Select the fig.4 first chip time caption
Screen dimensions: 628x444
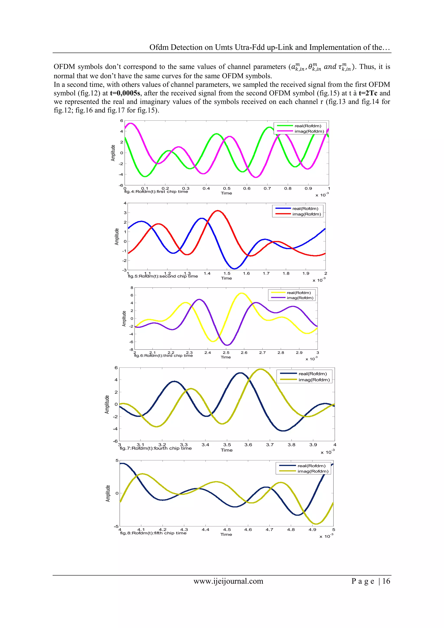pos(156,191)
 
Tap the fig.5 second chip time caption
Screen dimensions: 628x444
pos(163,276)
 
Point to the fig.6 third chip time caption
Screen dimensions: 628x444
pos(163,356)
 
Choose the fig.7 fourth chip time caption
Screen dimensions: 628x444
pos(156,448)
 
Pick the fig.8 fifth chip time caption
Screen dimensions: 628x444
pos(153,533)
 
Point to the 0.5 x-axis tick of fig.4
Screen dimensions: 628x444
pos(227,188)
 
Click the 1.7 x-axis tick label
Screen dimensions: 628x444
pos(266,273)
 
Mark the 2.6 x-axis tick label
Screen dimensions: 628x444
pos(244,353)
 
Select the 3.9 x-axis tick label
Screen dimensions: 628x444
pos(313,445)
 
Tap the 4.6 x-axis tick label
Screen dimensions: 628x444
pos(248,530)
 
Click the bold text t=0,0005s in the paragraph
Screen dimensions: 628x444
pos(125,93)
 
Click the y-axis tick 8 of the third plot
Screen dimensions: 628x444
pos(132,288)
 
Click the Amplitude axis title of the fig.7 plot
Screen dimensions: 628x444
pos(107,404)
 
